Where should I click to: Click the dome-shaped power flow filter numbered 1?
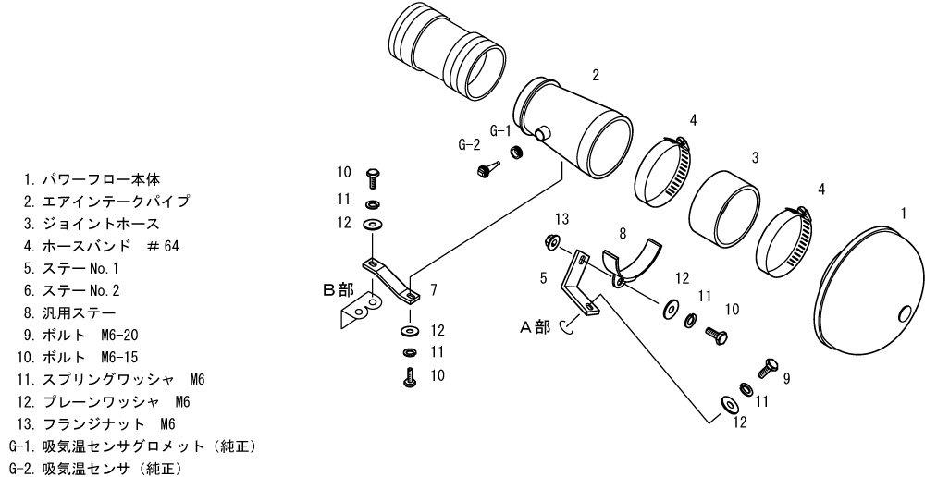tap(868, 289)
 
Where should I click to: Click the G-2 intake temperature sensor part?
tap(487, 169)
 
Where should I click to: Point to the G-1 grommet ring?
tap(517, 153)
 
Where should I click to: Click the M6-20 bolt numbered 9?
tap(768, 369)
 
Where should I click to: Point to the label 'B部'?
tap(338, 289)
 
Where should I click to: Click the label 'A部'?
tap(535, 326)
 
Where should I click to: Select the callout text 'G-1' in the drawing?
tap(500, 131)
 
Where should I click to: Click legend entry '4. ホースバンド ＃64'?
tap(101, 246)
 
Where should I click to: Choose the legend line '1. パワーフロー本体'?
tap(92, 178)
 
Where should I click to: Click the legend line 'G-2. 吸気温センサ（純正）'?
tap(93, 469)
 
